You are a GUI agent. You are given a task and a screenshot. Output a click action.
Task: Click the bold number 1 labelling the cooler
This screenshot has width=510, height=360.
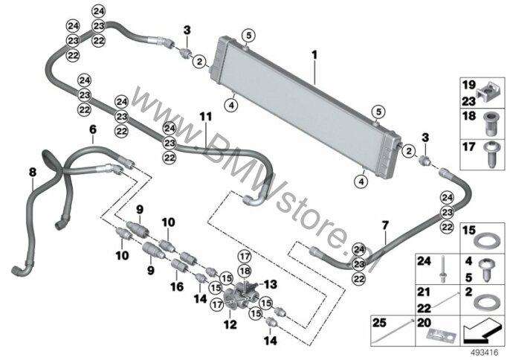click(314, 55)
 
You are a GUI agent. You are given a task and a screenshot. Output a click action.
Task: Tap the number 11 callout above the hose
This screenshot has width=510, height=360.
click(205, 117)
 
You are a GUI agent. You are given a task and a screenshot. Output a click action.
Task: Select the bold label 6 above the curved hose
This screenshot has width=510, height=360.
click(93, 129)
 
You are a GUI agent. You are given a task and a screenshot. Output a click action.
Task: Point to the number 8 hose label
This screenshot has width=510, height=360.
click(33, 172)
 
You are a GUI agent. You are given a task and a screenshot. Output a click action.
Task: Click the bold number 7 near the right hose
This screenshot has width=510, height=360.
click(385, 225)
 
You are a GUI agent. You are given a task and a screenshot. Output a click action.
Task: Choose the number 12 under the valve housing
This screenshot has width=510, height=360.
click(230, 324)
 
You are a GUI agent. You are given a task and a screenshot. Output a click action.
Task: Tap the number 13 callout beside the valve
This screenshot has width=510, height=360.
click(271, 284)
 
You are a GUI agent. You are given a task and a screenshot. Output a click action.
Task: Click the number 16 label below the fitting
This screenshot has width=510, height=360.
click(177, 286)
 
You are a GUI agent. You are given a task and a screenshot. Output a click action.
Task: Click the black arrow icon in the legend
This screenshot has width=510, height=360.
click(481, 332)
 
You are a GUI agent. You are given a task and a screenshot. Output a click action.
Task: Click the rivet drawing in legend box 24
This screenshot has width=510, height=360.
click(442, 269)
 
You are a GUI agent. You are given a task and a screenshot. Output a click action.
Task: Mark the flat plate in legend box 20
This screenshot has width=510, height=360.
click(441, 335)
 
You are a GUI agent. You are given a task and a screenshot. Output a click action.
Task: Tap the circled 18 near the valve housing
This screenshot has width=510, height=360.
click(245, 271)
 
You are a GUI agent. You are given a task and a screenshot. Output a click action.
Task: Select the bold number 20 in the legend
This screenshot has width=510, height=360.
click(424, 323)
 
